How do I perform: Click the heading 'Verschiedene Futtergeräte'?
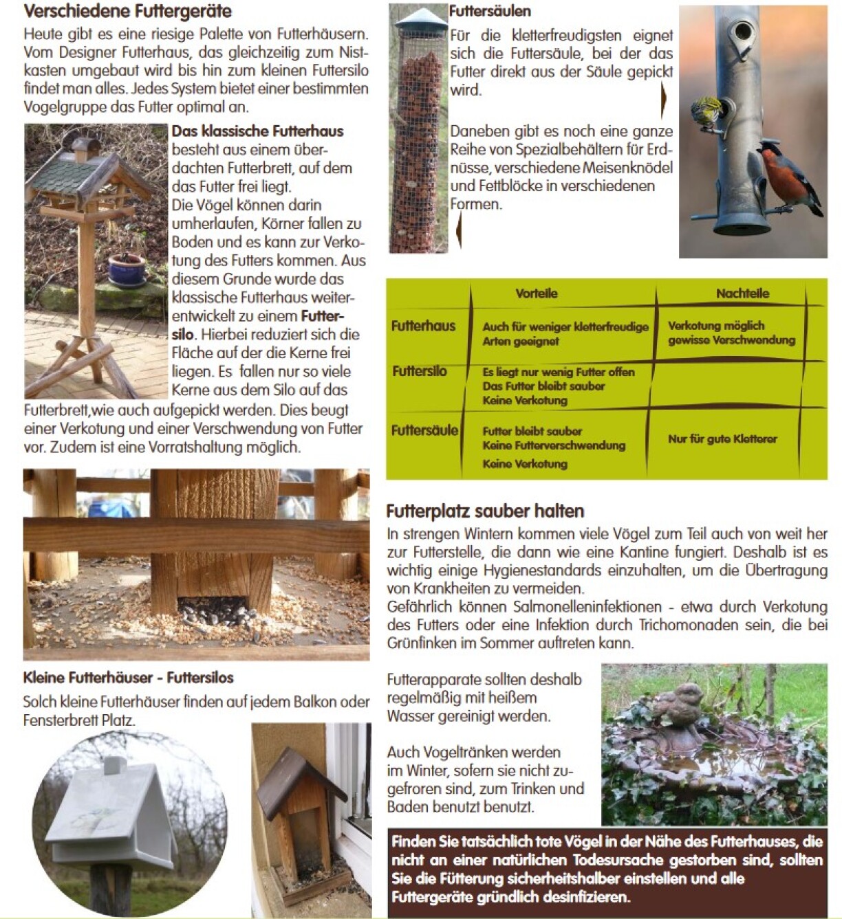pos(127,11)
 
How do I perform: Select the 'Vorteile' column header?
pos(537,294)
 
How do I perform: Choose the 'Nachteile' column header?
pos(742,294)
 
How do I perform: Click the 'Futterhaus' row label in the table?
pos(423,326)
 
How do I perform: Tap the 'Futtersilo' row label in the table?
pos(420,371)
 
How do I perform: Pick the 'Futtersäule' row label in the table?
pos(424,431)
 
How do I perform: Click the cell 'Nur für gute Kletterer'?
pos(722,439)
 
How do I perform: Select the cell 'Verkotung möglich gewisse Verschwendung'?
pos(731,333)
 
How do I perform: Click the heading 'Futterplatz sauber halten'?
pos(485,511)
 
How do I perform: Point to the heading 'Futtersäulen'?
pos(490,11)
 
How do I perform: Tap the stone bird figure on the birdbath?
pos(678,705)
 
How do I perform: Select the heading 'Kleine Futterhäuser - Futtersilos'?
pos(129,678)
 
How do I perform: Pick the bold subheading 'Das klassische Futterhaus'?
pos(257,131)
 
